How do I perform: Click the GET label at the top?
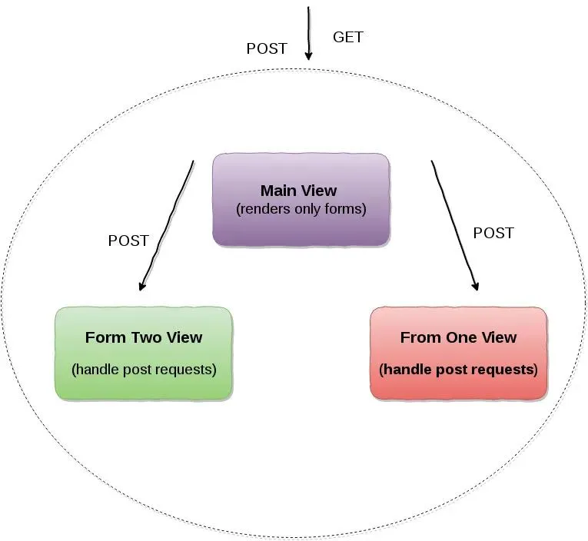coord(347,37)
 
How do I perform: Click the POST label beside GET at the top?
coord(266,48)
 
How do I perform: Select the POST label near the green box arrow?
coord(128,241)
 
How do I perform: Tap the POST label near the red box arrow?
coord(493,233)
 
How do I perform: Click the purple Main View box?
coord(301,200)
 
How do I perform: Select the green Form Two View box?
coord(144,353)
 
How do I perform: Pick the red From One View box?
coord(458,353)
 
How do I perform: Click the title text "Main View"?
coord(298,191)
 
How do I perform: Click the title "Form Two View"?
coord(144,337)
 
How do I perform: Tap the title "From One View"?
coord(458,337)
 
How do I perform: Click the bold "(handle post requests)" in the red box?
coord(458,369)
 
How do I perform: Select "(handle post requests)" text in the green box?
coord(144,369)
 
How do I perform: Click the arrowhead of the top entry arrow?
coord(308,55)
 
